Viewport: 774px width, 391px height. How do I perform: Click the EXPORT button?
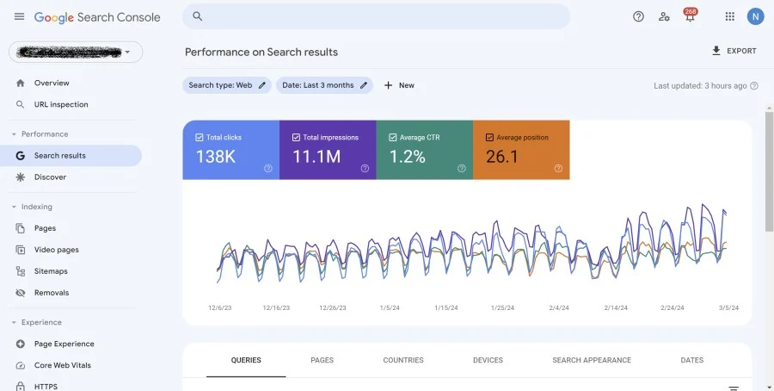click(x=734, y=51)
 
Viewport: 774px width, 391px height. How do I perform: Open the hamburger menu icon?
click(x=19, y=17)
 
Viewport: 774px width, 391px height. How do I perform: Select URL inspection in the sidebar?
click(x=60, y=104)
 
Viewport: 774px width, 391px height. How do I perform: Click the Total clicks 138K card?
click(x=230, y=150)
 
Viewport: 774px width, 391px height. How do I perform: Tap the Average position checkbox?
click(x=490, y=137)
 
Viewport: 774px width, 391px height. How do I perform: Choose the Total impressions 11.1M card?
click(x=328, y=150)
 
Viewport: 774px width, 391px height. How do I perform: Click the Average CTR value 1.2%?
click(x=408, y=157)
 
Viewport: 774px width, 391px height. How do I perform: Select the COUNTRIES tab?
click(x=402, y=360)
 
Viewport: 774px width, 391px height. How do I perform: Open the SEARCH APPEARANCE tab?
click(x=591, y=360)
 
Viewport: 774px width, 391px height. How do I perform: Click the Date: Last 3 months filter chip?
click(x=324, y=85)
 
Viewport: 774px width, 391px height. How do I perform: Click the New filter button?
click(x=399, y=85)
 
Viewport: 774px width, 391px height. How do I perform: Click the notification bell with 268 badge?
click(x=689, y=16)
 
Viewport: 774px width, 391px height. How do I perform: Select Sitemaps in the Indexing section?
click(x=51, y=271)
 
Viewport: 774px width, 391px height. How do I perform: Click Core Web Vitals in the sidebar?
click(x=62, y=365)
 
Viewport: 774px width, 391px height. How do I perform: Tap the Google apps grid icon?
click(x=730, y=16)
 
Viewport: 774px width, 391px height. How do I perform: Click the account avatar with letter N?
click(x=755, y=16)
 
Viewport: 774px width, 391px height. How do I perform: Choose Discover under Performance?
click(x=50, y=177)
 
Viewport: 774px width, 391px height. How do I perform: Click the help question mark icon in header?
click(x=638, y=16)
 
